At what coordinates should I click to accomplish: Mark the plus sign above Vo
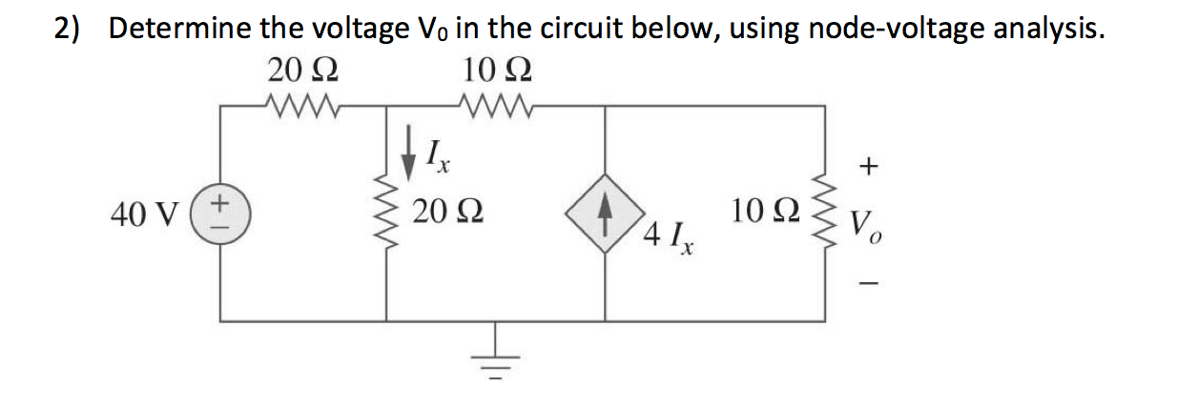[867, 168]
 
